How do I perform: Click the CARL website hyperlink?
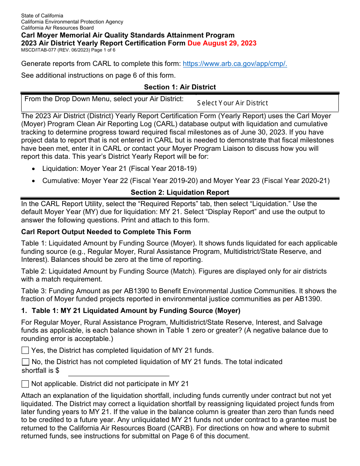coord(235,64)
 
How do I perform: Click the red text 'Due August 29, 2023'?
coord(222,43)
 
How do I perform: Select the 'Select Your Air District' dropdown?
coord(267,103)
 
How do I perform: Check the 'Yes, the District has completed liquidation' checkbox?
coord(25,350)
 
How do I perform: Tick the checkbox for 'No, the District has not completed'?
coord(25,362)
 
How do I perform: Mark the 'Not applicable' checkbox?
coord(25,384)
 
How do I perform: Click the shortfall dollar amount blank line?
coord(118,371)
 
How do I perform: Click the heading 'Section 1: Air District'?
coord(180,87)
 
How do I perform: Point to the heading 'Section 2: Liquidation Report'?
coord(180,192)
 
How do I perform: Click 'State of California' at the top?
coord(42,16)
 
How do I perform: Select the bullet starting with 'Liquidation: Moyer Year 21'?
coord(119,169)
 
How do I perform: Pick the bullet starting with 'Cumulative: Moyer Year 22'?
coord(186,181)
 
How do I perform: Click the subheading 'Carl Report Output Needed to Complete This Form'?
coord(106,232)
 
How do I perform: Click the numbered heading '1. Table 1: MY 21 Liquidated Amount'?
coord(131,311)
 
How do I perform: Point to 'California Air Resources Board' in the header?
coord(58,28)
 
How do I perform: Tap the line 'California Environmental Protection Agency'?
coord(72,22)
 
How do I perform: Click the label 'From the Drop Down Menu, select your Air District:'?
coord(104,99)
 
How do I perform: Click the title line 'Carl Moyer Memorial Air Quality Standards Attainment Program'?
coord(128,35)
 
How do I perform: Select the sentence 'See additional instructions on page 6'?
coord(98,75)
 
